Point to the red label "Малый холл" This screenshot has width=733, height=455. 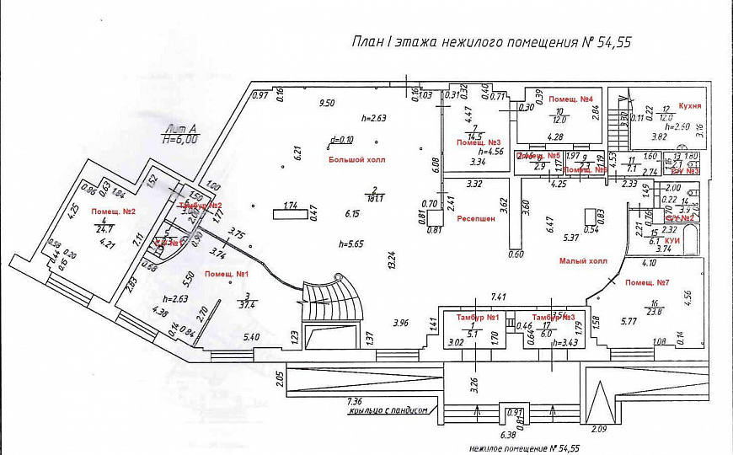(583, 261)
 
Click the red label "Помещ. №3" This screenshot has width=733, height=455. (479, 142)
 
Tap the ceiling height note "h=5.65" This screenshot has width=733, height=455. (350, 244)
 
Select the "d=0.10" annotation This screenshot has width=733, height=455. (343, 140)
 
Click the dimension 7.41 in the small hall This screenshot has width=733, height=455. (502, 297)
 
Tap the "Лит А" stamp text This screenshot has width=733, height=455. (181, 129)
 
